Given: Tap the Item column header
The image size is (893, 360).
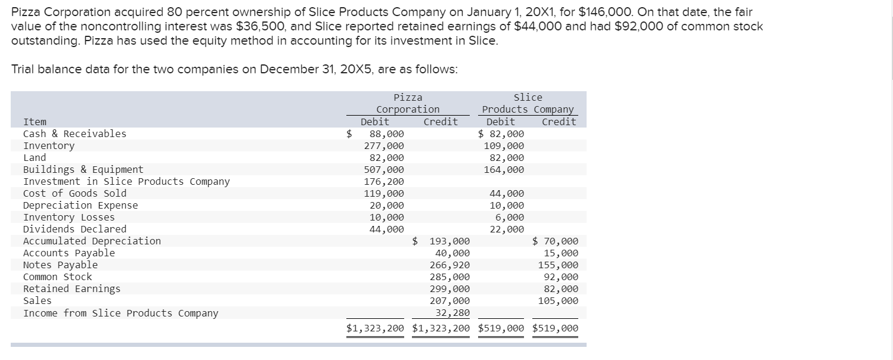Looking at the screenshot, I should coord(35,122).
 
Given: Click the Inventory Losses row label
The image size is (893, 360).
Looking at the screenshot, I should coord(69,217).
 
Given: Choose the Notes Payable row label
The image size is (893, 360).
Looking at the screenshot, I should coord(60,265).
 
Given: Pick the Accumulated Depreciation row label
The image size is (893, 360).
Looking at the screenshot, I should coord(92,241).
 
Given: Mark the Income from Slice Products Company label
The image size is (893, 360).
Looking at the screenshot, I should coord(120,313).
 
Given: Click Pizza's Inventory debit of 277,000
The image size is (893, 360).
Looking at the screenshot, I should coord(384,145).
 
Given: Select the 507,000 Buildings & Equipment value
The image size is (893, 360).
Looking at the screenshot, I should coord(384,169).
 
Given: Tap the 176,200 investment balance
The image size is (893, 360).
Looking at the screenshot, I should coord(384,181).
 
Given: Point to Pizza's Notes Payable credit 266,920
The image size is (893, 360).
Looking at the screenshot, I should coord(449,265).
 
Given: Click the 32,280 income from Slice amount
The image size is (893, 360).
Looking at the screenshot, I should coord(452,312).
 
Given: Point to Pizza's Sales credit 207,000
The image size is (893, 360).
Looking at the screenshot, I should coord(449,300).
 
